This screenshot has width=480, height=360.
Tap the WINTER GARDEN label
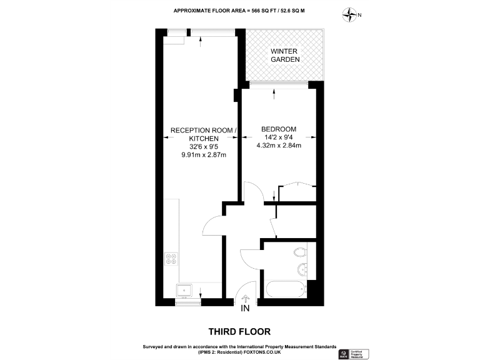pos(285,55)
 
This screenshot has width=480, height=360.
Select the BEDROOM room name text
pos(279,129)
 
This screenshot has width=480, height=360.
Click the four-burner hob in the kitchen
pos(171,259)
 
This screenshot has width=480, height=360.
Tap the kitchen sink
pos(184,289)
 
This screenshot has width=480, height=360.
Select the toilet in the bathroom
pos(300,252)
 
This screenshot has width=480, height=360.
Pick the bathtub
pos(286,290)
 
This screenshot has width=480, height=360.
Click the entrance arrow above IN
pos(245,299)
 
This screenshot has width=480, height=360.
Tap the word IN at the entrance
pos(245,308)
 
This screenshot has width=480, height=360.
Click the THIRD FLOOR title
pos(239,331)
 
